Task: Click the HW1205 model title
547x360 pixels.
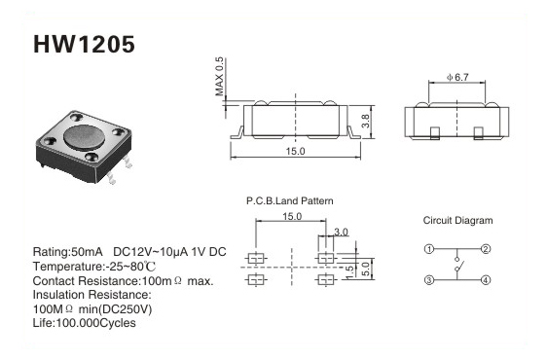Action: (84, 45)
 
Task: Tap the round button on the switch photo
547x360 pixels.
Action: (84, 137)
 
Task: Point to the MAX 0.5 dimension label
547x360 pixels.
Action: (219, 77)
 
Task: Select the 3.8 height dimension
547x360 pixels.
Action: (365, 121)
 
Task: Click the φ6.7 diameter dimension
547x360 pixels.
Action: (457, 77)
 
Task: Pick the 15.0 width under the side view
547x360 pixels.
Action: (295, 151)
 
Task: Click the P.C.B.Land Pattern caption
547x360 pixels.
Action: (289, 201)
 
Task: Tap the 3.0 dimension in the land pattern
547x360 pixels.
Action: (341, 232)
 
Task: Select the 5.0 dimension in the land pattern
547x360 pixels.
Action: (365, 269)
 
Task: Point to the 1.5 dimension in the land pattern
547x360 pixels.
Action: (349, 272)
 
